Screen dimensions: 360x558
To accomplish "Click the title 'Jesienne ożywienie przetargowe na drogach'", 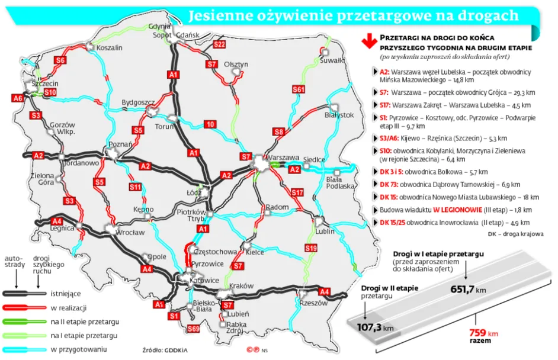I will click(x=352, y=16).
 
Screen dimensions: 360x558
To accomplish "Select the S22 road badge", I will click(x=220, y=44).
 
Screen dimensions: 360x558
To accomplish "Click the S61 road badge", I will click(x=299, y=89).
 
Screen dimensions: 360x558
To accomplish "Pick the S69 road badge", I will click(x=193, y=329).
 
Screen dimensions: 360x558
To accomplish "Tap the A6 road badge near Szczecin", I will click(x=18, y=98).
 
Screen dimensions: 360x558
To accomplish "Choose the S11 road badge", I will click(x=136, y=188).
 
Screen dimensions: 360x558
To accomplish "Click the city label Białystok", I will click(x=339, y=114).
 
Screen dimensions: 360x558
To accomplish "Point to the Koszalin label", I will click(x=109, y=47).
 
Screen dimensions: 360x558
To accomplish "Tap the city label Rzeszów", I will click(x=314, y=303).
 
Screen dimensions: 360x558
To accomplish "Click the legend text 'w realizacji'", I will click(x=69, y=307).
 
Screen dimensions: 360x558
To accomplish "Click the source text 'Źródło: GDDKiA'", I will click(x=165, y=350).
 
